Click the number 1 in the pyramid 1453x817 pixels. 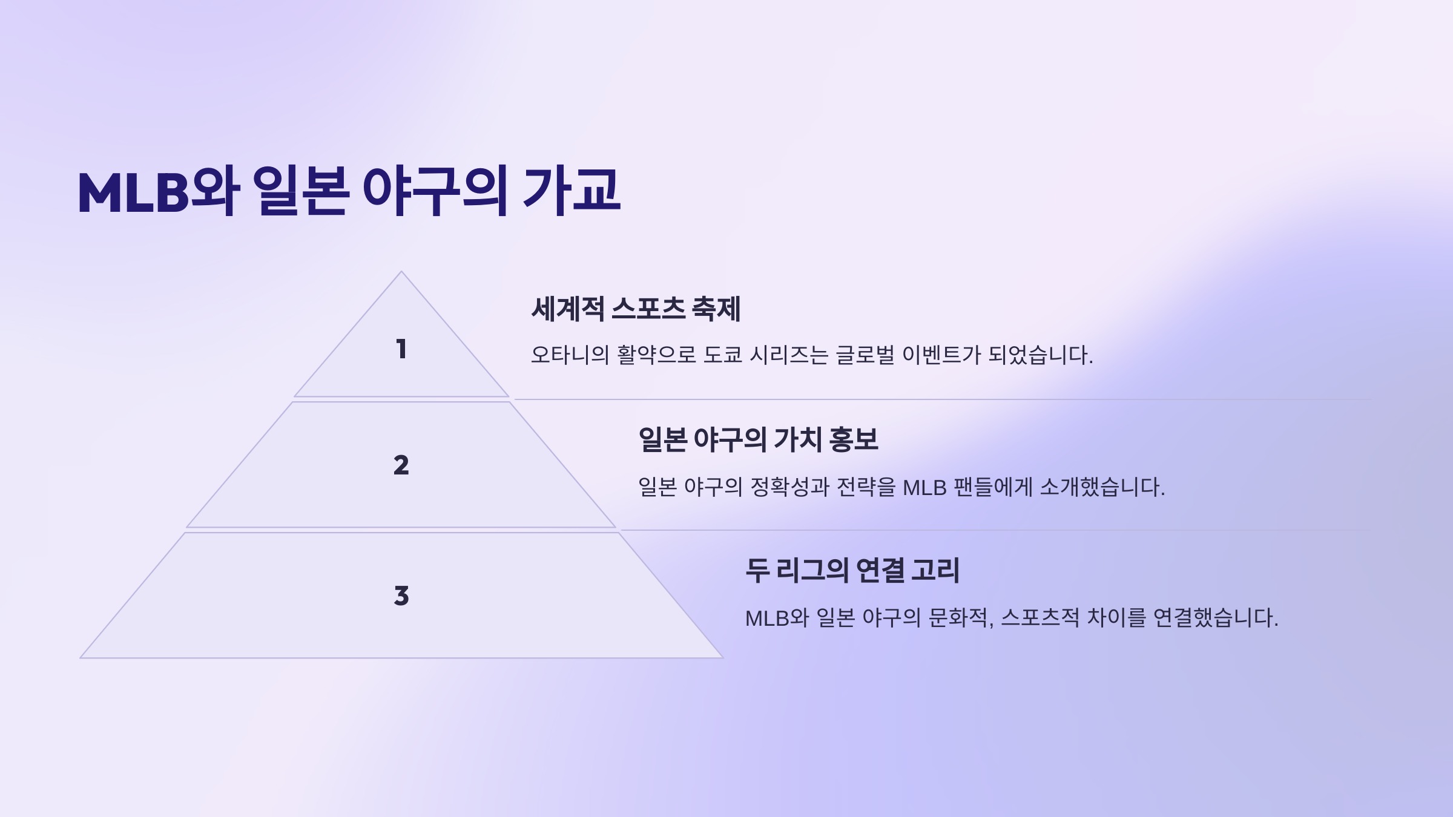click(401, 349)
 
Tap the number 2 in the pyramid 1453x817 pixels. click(401, 465)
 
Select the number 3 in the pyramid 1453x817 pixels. click(401, 596)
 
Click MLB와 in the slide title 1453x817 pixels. click(159, 191)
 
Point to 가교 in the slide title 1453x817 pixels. click(571, 191)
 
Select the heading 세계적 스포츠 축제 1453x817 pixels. click(636, 309)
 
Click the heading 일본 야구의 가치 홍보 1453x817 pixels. click(758, 439)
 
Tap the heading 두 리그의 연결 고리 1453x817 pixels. click(852, 570)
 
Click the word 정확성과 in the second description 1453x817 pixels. click(789, 487)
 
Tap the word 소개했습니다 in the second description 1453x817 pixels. click(1101, 487)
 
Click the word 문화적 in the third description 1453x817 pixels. click(960, 618)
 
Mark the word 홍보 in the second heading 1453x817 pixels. click(854, 439)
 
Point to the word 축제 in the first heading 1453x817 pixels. click(716, 309)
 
